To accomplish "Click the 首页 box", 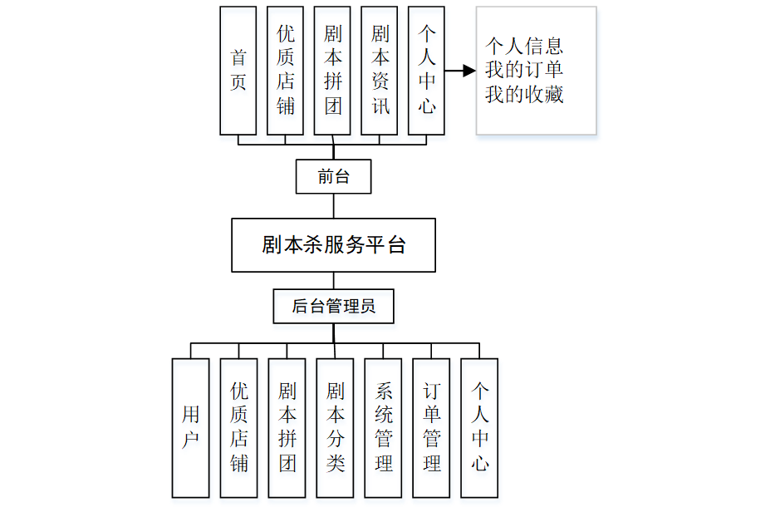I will coord(238,71).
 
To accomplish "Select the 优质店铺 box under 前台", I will coord(286,71).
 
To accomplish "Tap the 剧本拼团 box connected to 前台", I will coord(333,71).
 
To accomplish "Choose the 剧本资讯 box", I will coord(380,71).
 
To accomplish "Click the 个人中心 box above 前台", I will coord(428,71).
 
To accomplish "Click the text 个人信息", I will coord(524,46).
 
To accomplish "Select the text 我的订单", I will coord(524,70).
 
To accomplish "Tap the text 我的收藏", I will coord(524,95).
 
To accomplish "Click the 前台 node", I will coord(333,176).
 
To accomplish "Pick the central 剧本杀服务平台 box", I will coord(333,245).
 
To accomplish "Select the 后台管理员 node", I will coord(333,306).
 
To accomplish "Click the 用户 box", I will coord(190,427).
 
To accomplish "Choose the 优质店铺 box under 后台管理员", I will coord(238,427).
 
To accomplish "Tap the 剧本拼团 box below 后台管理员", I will coord(287,427).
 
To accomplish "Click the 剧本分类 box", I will coord(335,427).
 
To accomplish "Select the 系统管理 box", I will coord(383,427).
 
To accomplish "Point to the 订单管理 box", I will coord(431,427).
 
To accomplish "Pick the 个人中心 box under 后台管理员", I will coord(479,427).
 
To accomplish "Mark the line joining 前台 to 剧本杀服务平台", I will coord(333,206).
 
